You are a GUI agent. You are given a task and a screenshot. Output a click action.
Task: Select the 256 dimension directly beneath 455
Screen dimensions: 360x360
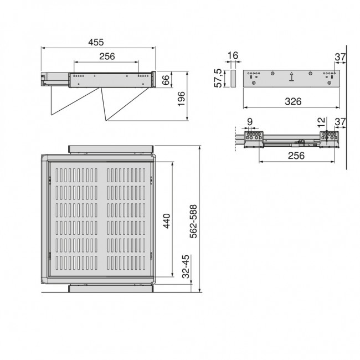[106, 56]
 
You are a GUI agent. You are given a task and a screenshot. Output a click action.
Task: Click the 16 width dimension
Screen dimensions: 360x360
[232, 55]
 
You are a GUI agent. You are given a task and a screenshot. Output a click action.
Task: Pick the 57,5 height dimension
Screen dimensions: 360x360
[219, 78]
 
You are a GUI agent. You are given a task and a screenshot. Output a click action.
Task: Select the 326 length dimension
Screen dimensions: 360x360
[292, 101]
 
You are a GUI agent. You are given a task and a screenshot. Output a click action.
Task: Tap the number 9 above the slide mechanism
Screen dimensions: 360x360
[250, 121]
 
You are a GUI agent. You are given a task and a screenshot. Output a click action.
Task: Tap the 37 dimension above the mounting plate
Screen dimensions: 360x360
[340, 56]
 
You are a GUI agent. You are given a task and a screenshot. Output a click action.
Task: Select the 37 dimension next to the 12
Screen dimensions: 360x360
[340, 121]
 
